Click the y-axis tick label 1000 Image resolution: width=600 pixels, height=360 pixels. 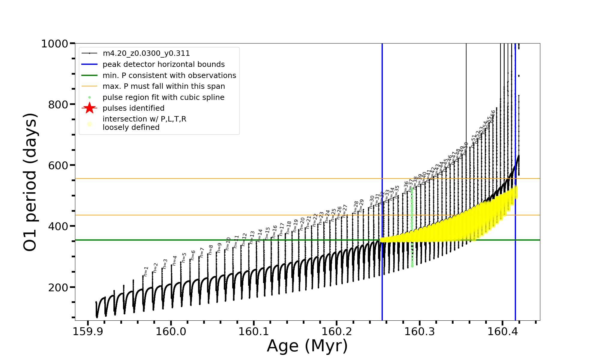tap(55, 44)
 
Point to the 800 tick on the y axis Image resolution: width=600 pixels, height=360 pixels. tap(58, 105)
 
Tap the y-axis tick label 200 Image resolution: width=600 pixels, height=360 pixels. tap(58, 288)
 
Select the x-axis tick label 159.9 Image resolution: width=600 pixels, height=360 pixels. tap(88, 332)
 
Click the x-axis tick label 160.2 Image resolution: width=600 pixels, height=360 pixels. tap(337, 332)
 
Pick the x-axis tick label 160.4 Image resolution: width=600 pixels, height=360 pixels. tap(502, 332)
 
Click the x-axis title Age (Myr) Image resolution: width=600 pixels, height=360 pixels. tap(307, 346)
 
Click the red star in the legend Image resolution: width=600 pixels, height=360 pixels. tap(89, 108)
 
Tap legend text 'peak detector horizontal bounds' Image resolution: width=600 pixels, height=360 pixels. tap(163, 64)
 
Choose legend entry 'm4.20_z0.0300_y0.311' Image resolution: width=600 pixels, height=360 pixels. tap(146, 53)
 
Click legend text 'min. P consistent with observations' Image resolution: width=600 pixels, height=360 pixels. tap(169, 76)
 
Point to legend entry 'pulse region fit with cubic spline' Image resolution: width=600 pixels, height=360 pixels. tap(163, 97)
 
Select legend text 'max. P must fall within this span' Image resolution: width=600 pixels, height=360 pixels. tap(163, 86)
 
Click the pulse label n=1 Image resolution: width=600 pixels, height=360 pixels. tap(146, 271)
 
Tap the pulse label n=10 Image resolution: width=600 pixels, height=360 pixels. tap(228, 244)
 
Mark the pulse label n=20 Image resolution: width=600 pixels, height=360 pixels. tap(302, 223)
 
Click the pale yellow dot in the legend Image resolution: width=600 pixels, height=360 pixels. tap(89, 124)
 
